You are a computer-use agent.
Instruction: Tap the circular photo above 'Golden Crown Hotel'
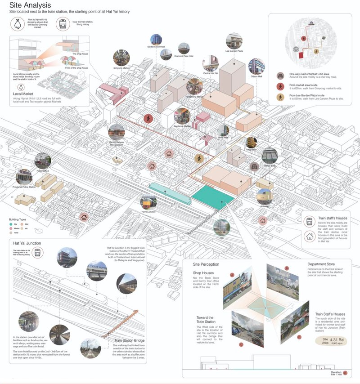157,39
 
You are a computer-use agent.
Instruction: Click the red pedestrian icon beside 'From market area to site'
280,86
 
